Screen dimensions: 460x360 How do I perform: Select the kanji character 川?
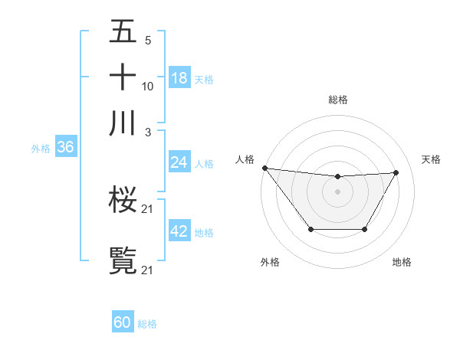123,123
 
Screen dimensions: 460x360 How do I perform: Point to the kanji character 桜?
123,201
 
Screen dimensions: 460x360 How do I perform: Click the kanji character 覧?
123,260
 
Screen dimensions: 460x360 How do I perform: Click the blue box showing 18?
179,78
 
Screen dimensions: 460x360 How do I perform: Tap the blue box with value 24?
179,162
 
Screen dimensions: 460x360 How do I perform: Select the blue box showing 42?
179,231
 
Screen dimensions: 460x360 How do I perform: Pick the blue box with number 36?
65,147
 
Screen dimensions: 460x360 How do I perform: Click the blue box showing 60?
123,322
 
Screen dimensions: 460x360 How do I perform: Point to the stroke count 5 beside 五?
147,40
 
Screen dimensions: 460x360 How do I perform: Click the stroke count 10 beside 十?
148,86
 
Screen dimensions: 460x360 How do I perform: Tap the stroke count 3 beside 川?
147,132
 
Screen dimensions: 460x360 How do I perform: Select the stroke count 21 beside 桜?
148,209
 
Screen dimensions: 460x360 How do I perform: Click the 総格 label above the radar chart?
337,100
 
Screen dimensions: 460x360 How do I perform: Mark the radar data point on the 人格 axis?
264,168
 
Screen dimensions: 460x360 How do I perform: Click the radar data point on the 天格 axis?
396,172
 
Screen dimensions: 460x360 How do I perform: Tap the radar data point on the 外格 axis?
310,229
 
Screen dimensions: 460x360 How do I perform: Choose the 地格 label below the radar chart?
402,262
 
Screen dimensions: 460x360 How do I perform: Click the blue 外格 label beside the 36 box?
41,149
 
